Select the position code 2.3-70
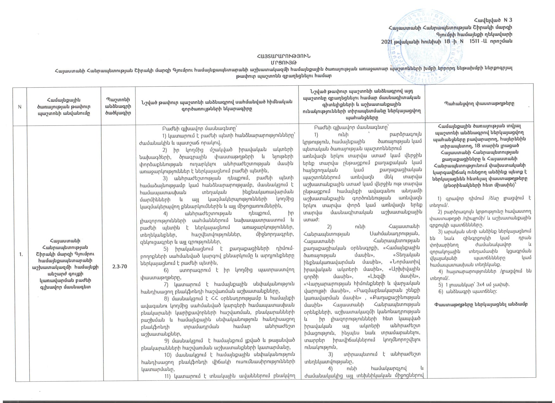tap(120, 266)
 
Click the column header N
tap(20, 107)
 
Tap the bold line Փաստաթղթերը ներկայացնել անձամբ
tap(481, 304)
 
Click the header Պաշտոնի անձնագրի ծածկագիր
tap(118, 107)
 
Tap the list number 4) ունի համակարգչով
tap(330, 369)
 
